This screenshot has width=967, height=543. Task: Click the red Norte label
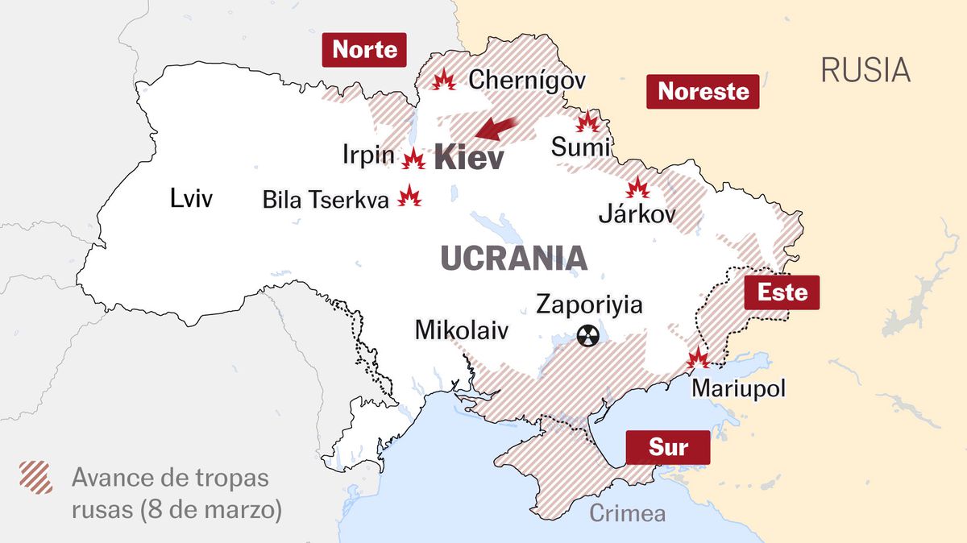[x=364, y=50]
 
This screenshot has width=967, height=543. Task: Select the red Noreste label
[x=703, y=92]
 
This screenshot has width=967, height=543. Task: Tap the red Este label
[x=782, y=292]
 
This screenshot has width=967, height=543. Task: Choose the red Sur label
[x=668, y=447]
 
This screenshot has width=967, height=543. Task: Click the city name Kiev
[x=469, y=158]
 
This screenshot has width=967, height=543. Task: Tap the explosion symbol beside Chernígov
[x=443, y=80]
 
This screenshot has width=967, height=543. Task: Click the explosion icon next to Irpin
[x=413, y=159]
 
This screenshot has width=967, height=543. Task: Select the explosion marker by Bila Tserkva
[x=410, y=197]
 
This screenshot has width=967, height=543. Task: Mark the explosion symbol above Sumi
[x=587, y=122]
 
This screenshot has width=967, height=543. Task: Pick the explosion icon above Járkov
[x=638, y=189]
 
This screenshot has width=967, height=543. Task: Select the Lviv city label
[x=191, y=198]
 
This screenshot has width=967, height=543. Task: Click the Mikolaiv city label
[x=462, y=330]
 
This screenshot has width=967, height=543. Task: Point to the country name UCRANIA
[x=514, y=259]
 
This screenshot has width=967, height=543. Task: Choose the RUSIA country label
[x=865, y=70]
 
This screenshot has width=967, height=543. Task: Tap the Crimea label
[x=628, y=512]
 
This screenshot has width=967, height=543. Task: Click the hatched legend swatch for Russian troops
[x=36, y=477]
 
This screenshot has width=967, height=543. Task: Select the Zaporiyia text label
[x=589, y=305]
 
